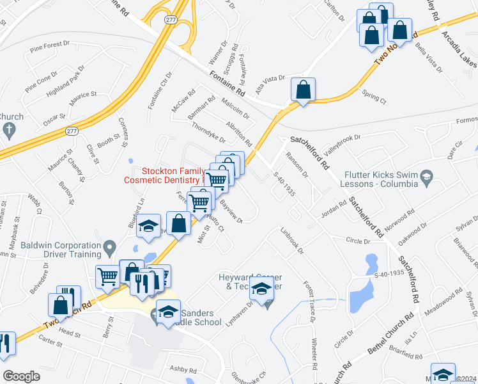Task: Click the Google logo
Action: pos(22,376)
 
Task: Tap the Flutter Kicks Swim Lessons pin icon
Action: pos(426,176)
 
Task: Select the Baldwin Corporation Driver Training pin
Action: pos(109,246)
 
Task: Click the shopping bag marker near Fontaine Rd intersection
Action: pos(304,90)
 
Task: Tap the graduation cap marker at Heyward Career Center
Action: pos(261,289)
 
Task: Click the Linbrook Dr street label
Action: pos(291,241)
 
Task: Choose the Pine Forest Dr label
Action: pos(53,45)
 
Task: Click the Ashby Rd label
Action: pos(183,369)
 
